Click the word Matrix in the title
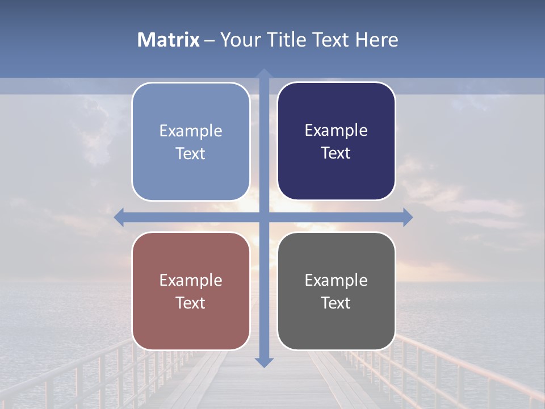(168, 40)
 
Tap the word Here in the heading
(377, 40)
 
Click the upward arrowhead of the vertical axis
(264, 73)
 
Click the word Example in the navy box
(336, 131)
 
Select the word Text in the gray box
(336, 303)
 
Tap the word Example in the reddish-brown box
(191, 281)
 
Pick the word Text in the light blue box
(191, 154)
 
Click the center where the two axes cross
(264, 218)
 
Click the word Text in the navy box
(336, 153)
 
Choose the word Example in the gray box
(336, 281)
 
